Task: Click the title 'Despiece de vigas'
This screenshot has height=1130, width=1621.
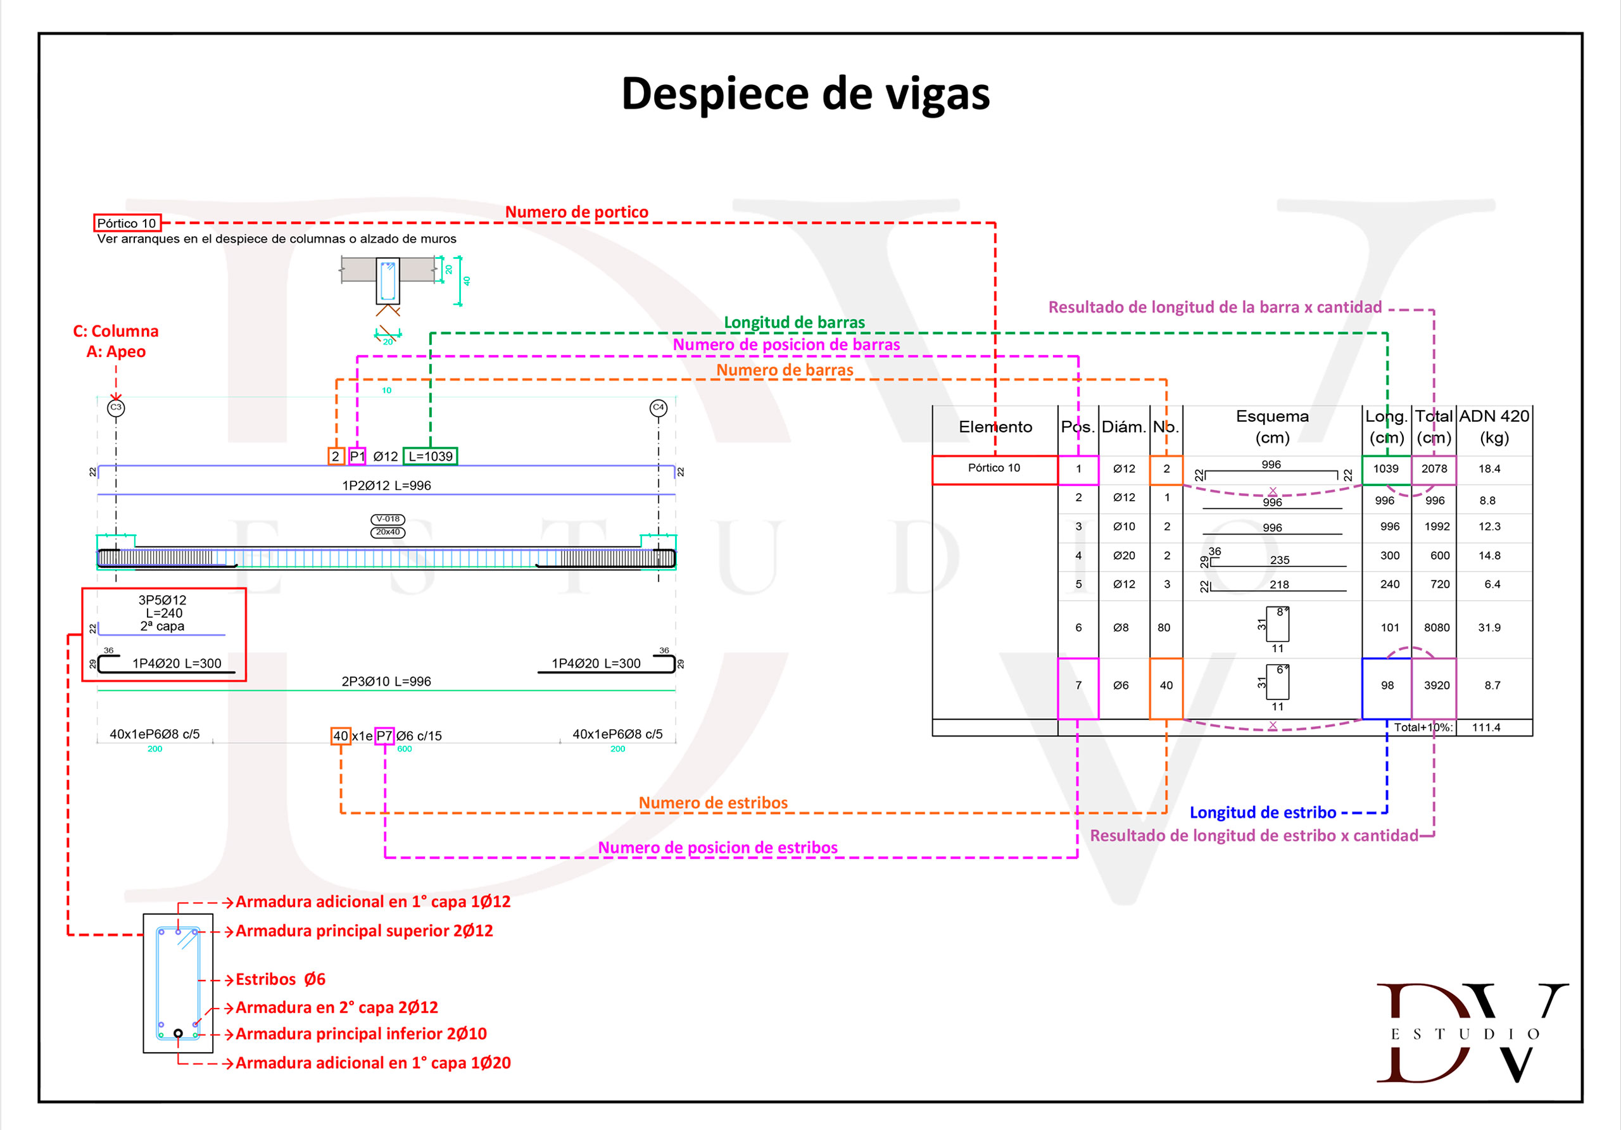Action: click(x=805, y=94)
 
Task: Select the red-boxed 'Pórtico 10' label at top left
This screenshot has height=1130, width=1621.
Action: click(x=127, y=223)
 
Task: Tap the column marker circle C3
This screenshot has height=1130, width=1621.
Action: click(x=116, y=408)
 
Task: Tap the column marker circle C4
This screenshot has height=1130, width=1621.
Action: click(x=658, y=408)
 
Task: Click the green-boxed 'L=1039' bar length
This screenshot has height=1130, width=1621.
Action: click(x=430, y=456)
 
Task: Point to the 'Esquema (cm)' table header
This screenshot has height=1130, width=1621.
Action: click(x=1271, y=426)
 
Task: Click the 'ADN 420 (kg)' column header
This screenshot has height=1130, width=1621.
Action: click(x=1494, y=426)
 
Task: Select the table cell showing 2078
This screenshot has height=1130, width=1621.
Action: click(x=1434, y=469)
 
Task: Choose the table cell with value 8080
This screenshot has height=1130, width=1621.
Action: click(x=1436, y=627)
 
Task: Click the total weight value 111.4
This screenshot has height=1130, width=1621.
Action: click(x=1486, y=727)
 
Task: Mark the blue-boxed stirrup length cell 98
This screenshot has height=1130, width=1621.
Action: click(x=1387, y=686)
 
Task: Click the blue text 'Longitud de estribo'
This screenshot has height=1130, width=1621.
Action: click(x=1263, y=813)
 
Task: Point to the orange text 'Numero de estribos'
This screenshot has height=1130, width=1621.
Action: click(x=713, y=803)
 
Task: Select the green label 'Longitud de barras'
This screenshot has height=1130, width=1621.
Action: click(x=794, y=323)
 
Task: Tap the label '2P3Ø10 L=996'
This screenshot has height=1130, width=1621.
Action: click(x=386, y=682)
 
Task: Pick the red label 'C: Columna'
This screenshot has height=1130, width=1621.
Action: click(x=116, y=331)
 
